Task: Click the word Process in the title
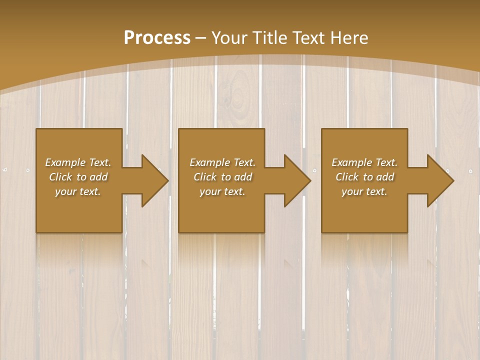pyautogui.click(x=157, y=37)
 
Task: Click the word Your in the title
pyautogui.click(x=229, y=37)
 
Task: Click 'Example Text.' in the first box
pyautogui.click(x=78, y=162)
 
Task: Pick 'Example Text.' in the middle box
pyautogui.click(x=222, y=162)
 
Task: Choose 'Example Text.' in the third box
pyautogui.click(x=364, y=162)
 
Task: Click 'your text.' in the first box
pyautogui.click(x=78, y=191)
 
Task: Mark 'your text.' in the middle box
pyautogui.click(x=222, y=191)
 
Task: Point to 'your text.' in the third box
pyautogui.click(x=364, y=191)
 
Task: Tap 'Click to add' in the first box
pyautogui.click(x=78, y=177)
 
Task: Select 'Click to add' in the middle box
pyautogui.click(x=222, y=177)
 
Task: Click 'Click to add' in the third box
pyautogui.click(x=364, y=177)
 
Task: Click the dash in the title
pyautogui.click(x=201, y=38)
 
